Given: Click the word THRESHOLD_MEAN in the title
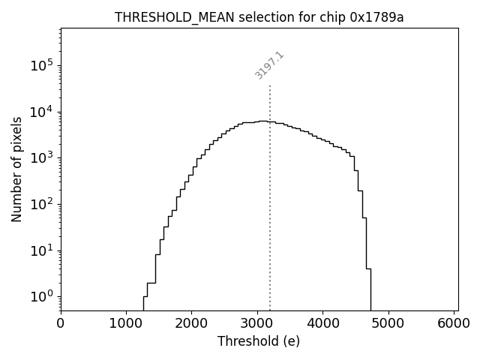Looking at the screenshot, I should (160, 18).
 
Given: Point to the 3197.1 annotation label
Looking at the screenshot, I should (269, 65).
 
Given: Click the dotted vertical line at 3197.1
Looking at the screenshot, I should (270, 225).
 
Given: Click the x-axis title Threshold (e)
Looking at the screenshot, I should (259, 341).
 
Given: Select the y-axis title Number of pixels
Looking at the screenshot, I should (16, 169).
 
